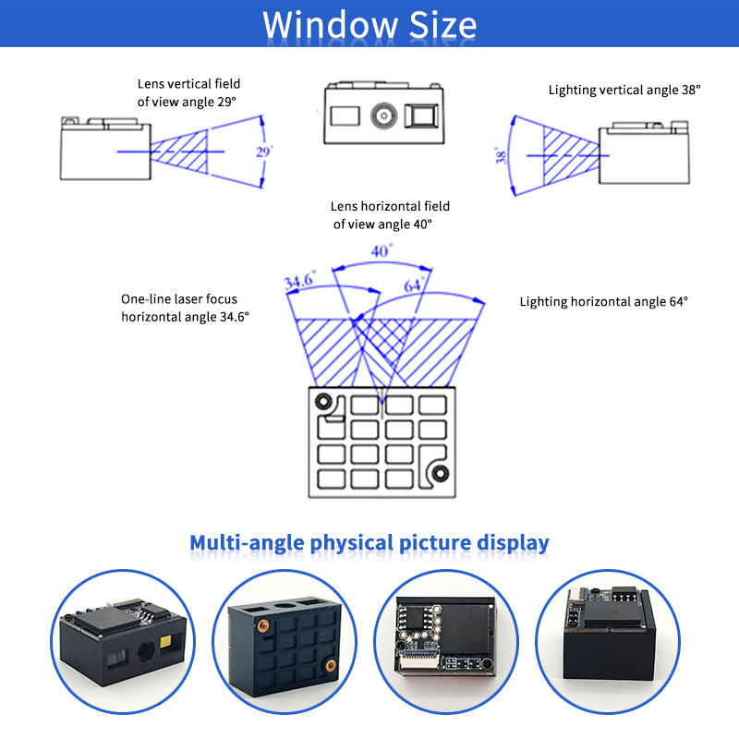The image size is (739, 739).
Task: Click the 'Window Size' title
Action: coord(369,24)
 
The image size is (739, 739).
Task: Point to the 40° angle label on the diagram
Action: coord(382,250)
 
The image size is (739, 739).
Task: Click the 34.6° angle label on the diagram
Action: coord(300,280)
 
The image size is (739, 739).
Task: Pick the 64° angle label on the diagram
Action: coord(415,285)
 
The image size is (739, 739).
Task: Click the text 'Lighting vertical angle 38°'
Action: coord(624,90)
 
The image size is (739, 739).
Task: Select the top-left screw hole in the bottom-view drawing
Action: coord(323,401)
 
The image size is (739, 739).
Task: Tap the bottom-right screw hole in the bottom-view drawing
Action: coord(441,474)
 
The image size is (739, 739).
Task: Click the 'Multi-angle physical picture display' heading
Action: coord(369,542)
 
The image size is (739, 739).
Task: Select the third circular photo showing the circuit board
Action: coord(450,646)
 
